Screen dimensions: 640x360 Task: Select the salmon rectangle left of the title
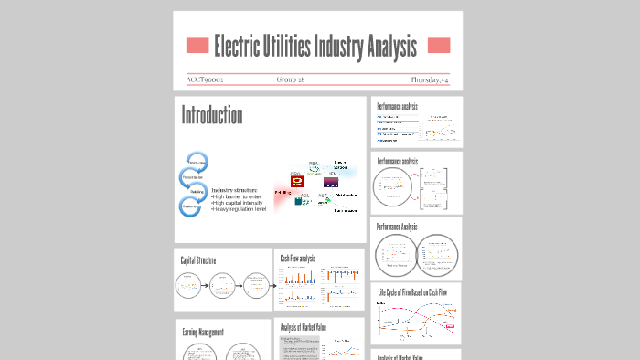tap(197, 46)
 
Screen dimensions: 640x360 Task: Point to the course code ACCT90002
tap(205, 79)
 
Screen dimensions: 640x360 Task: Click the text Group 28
tap(291, 79)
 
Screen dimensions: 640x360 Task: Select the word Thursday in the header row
tap(426, 79)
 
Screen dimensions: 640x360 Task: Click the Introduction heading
tap(212, 116)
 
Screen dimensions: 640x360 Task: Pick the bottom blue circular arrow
tap(191, 206)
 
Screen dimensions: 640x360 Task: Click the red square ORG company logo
tap(296, 182)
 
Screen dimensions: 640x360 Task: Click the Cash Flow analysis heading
tap(298, 259)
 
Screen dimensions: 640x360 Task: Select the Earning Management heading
tap(203, 333)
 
